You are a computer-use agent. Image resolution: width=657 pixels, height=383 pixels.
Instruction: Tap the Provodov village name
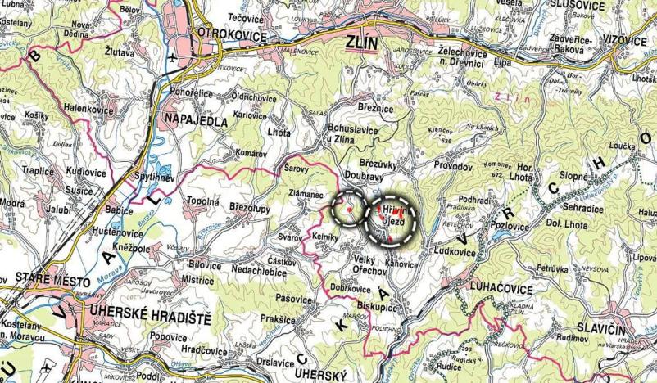point(454,164)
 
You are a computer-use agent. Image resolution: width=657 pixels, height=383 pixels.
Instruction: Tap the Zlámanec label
point(309,194)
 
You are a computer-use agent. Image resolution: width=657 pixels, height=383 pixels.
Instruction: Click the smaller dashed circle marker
point(350,210)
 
